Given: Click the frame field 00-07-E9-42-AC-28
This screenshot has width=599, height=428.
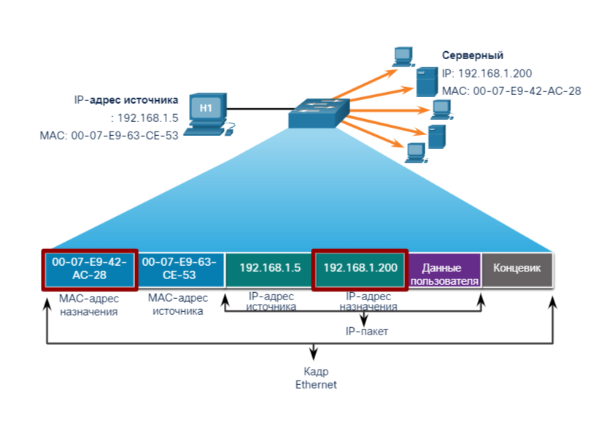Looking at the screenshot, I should click(89, 269).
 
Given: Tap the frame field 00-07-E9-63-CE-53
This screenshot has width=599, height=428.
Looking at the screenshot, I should click(180, 269).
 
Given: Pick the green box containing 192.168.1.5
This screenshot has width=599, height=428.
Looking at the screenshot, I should click(270, 269).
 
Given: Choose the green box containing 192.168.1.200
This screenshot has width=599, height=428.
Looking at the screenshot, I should click(360, 269).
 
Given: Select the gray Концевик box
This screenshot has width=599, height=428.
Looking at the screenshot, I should click(517, 269).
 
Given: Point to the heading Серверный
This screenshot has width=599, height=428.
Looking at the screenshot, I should click(473, 56).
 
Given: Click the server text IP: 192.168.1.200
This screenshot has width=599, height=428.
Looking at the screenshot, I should click(487, 73).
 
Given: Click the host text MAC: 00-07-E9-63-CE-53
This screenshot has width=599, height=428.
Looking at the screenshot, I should click(109, 135).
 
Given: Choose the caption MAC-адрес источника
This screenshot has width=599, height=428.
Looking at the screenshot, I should click(177, 305).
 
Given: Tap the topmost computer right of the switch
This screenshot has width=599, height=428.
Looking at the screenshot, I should click(403, 56).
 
